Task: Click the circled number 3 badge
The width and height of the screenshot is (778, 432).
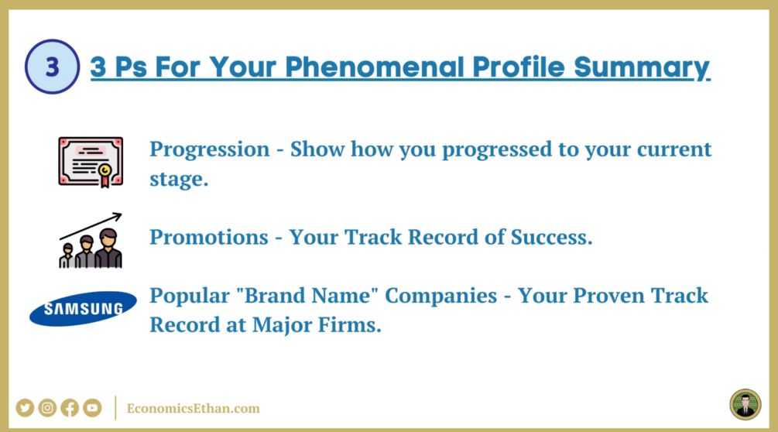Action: click(x=52, y=67)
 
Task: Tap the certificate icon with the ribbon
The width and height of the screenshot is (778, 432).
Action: click(x=91, y=162)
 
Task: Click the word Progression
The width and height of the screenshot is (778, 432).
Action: click(x=209, y=149)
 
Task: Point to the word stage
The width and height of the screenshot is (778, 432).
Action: click(x=179, y=179)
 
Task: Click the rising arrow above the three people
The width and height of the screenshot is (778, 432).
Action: click(x=91, y=226)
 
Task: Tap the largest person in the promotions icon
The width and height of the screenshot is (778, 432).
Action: click(x=108, y=249)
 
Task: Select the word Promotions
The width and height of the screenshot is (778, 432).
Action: click(x=209, y=237)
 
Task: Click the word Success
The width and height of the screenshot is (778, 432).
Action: click(x=552, y=237)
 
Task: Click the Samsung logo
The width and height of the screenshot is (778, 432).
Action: click(x=83, y=308)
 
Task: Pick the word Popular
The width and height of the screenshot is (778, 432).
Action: click(x=190, y=296)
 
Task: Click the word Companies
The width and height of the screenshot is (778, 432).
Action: click(x=441, y=296)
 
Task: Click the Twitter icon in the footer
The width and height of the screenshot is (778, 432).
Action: click(x=25, y=408)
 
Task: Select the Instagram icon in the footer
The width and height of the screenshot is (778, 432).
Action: click(x=47, y=408)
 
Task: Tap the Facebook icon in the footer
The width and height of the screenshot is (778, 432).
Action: click(x=70, y=408)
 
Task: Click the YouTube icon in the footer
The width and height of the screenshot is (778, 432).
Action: click(x=92, y=408)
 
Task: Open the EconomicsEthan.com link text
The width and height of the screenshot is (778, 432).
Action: click(x=193, y=408)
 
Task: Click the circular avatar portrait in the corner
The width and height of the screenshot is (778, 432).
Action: click(x=745, y=405)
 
